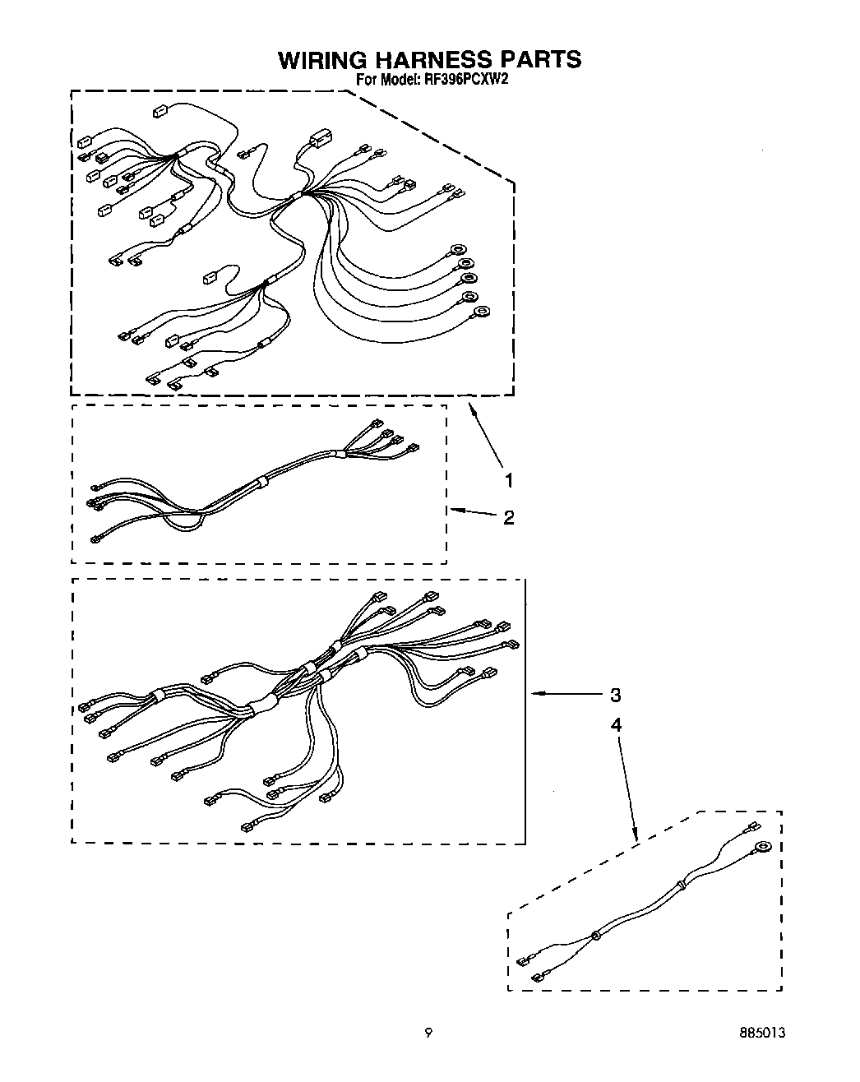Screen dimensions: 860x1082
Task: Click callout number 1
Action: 509,480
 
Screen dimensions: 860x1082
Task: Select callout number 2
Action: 509,517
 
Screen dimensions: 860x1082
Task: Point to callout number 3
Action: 615,695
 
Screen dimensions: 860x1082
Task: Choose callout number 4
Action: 615,724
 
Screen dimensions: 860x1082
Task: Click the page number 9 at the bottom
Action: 428,1033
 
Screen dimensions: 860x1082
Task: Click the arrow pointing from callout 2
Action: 474,512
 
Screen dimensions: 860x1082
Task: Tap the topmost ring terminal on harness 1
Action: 456,248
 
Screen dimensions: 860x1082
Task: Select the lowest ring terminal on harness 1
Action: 483,311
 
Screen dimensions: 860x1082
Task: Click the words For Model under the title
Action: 386,80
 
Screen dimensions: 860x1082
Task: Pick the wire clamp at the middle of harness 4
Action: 594,935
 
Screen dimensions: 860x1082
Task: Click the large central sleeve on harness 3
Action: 264,701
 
